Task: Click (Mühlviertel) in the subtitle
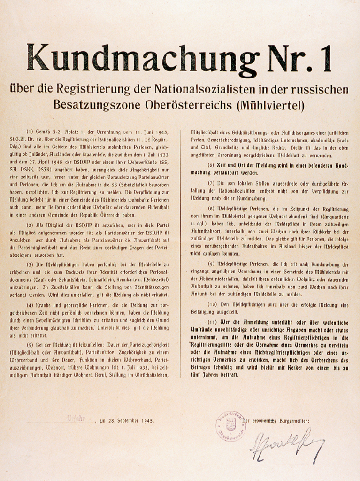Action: coord(269,105)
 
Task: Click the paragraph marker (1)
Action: coord(30,132)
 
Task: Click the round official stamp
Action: coord(230,426)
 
